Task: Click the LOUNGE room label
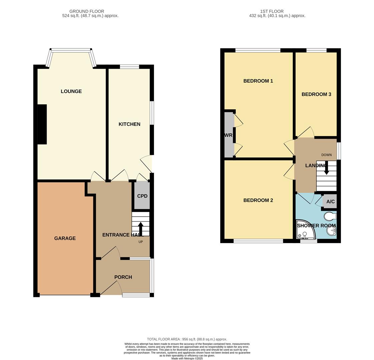coord(71,91)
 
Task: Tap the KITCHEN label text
coord(129,124)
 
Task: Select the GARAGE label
coord(65,238)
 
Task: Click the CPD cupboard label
coord(142,196)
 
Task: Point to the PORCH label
coord(123,277)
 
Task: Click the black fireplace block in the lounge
coord(42,124)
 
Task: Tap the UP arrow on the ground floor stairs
coord(141,229)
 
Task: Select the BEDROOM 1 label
coord(258,81)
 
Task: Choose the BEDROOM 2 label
coord(258,200)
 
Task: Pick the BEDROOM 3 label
coord(316,94)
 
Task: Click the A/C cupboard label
coord(330,202)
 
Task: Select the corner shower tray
coord(304,230)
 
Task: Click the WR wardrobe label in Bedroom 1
coord(228,135)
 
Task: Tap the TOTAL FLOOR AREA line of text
coord(187,339)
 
